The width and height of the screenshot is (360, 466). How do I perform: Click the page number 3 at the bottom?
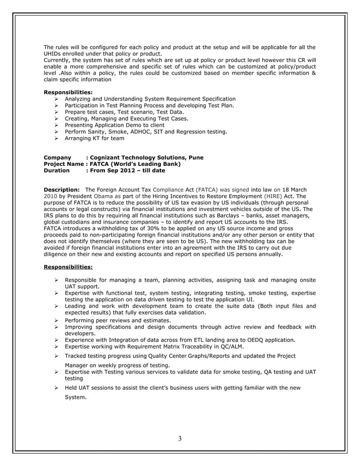[x=179, y=439]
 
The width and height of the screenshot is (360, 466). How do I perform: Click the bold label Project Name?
[x=63, y=164]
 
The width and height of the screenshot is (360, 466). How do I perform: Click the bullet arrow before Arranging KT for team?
[x=57, y=138]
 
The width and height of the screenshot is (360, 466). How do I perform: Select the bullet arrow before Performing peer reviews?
[x=57, y=320]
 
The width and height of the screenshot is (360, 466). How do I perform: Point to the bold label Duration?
[x=57, y=170]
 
